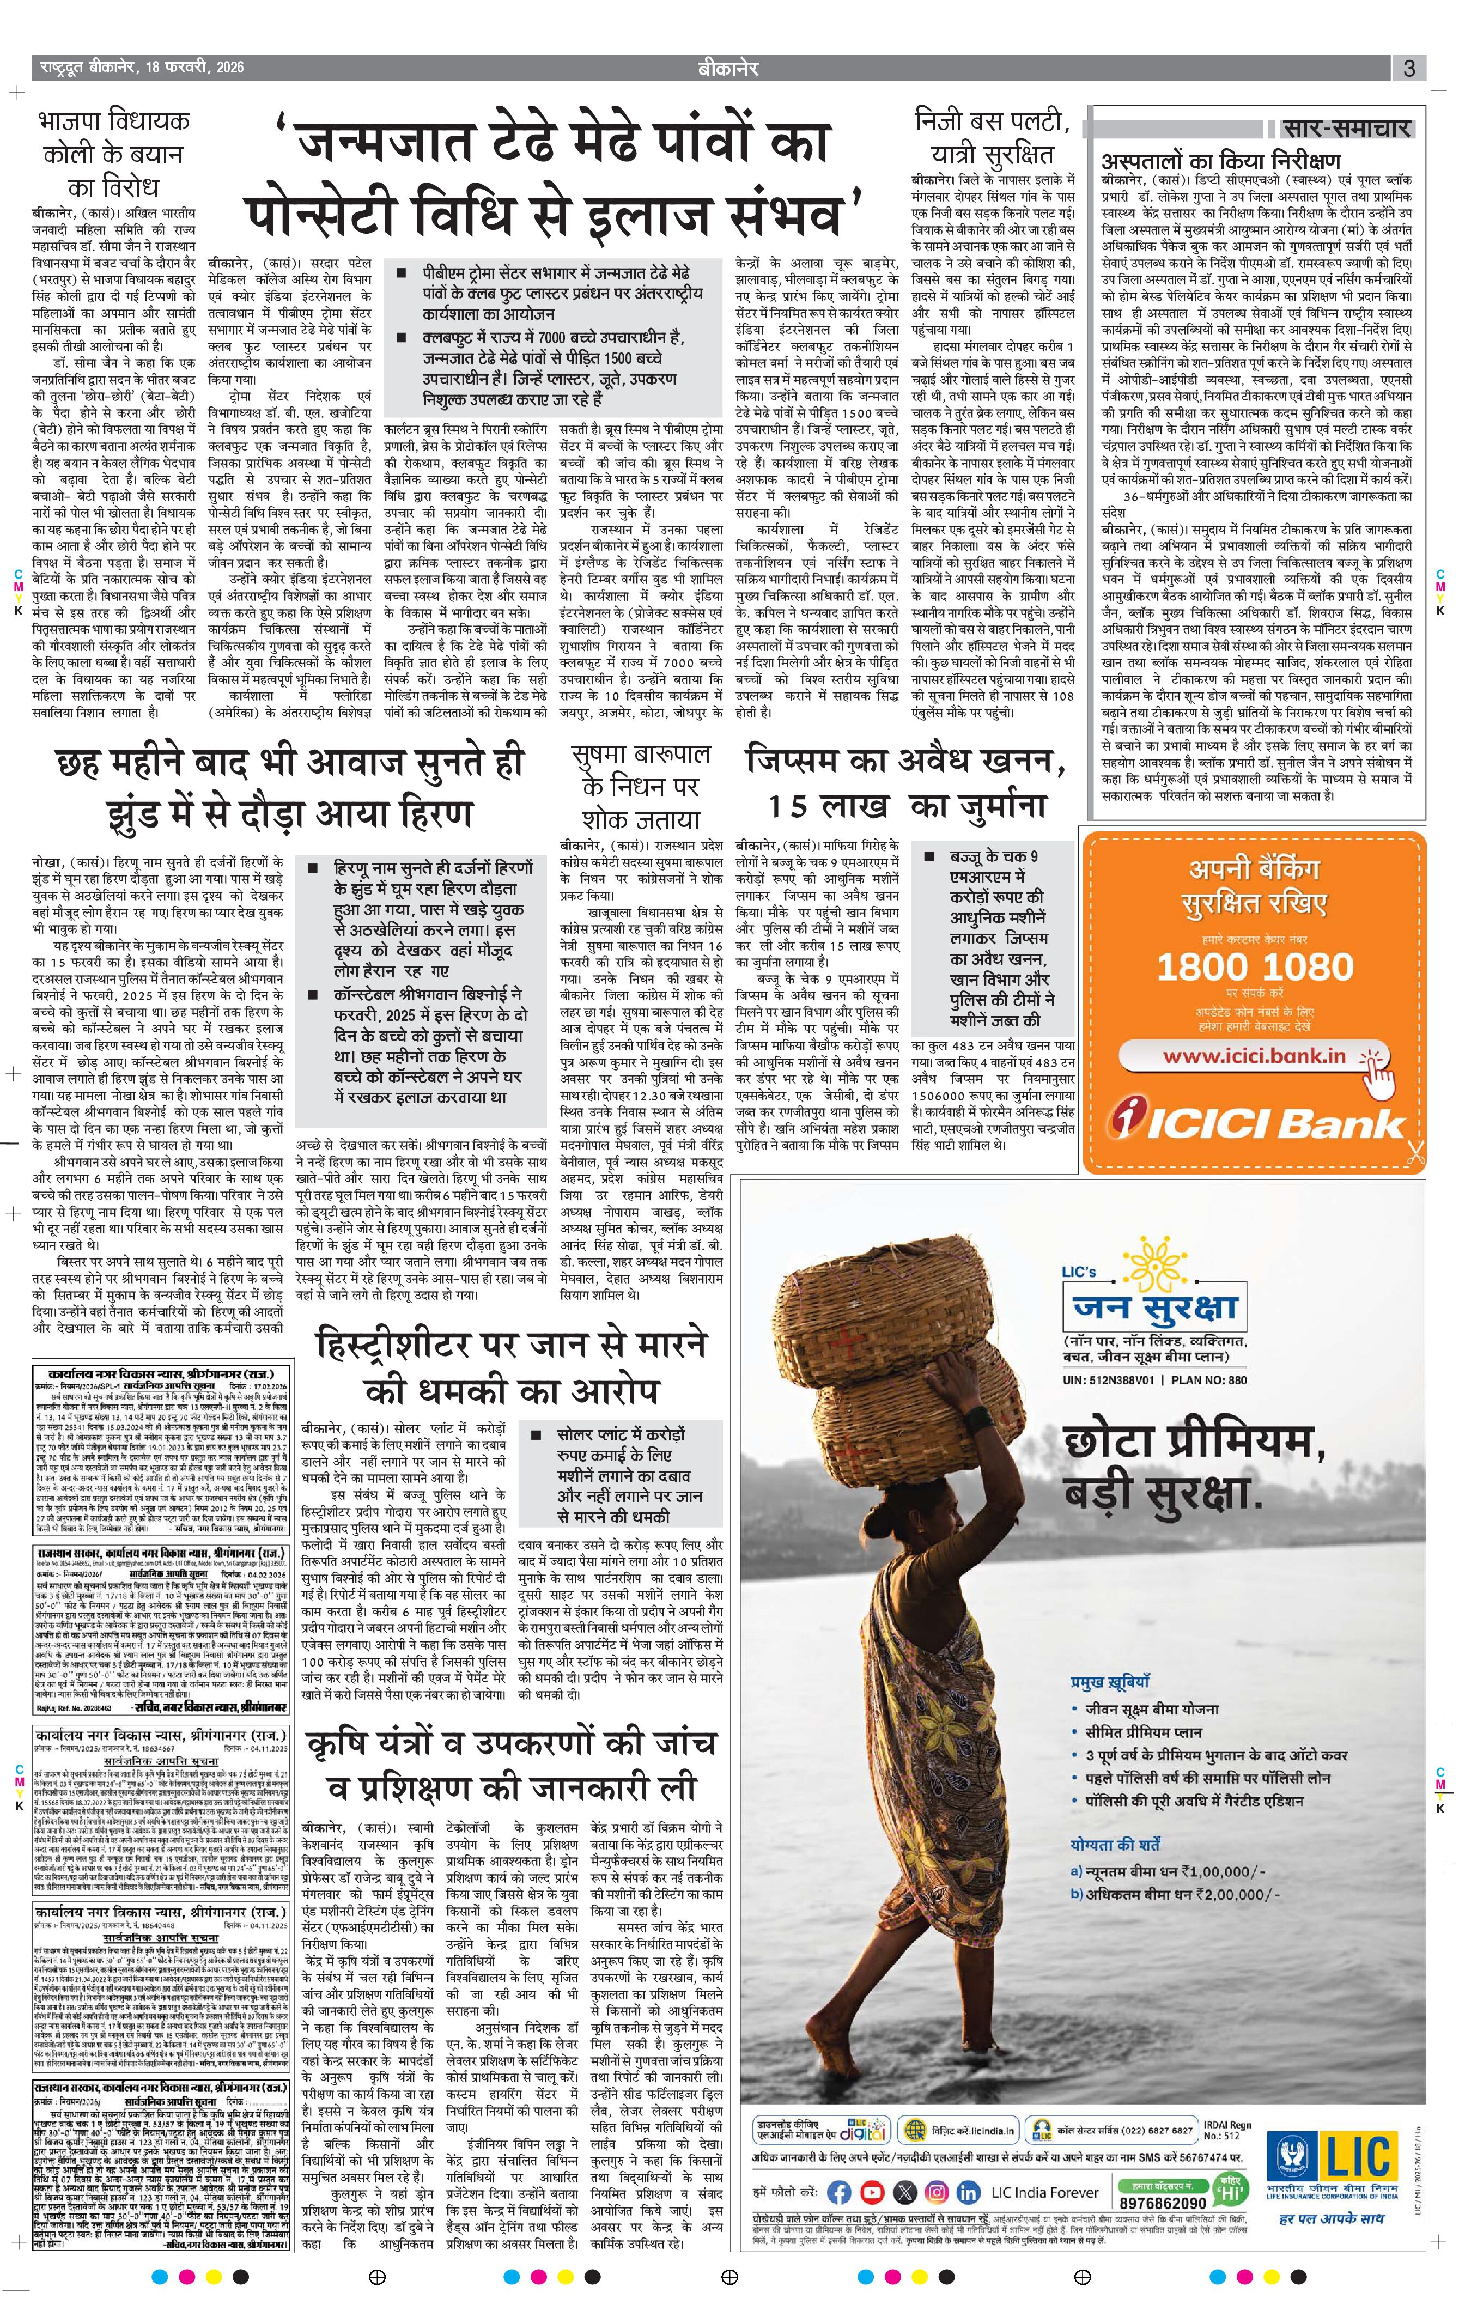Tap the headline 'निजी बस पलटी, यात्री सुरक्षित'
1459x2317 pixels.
991,138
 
